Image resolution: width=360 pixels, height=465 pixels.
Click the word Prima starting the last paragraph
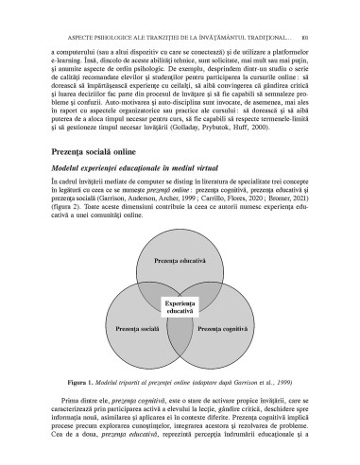tap(65, 404)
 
